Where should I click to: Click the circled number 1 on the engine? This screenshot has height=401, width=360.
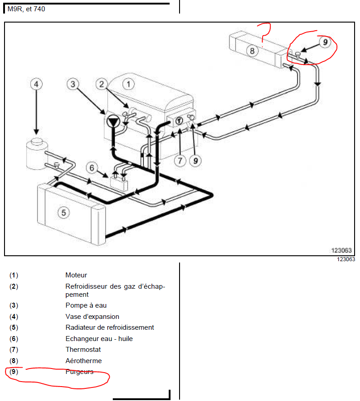click(x=129, y=84)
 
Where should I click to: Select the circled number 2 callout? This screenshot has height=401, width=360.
click(x=102, y=84)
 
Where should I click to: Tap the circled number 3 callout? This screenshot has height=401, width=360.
click(x=73, y=84)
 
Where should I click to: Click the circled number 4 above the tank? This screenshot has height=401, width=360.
click(x=37, y=84)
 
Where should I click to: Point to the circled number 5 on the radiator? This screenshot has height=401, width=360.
click(x=65, y=212)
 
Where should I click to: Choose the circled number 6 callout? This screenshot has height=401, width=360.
click(x=92, y=168)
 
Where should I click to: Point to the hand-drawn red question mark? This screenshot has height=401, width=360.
click(x=265, y=29)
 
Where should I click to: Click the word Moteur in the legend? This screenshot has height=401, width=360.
click(x=76, y=275)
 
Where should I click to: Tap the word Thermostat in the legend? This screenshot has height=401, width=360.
click(x=83, y=350)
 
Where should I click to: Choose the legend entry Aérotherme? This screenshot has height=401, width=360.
click(x=83, y=361)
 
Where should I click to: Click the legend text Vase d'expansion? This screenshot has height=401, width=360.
click(x=92, y=317)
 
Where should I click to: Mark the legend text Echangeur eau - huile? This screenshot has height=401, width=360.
click(x=99, y=339)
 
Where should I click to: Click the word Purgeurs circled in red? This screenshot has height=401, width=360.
click(x=79, y=372)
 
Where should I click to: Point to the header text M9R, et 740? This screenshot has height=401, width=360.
click(x=26, y=9)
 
